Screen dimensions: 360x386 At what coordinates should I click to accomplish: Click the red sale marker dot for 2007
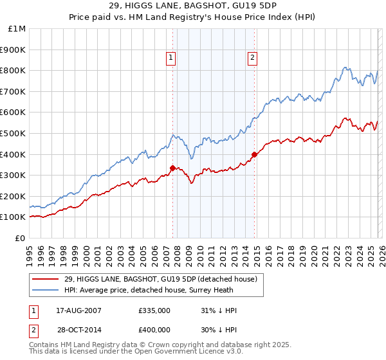[x=172, y=168]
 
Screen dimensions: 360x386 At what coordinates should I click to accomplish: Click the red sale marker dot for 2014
[x=255, y=154]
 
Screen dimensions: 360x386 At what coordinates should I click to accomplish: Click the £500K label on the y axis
[x=14, y=133]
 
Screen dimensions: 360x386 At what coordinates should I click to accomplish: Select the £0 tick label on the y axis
[x=20, y=238]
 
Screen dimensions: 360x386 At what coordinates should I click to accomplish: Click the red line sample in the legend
[x=46, y=279]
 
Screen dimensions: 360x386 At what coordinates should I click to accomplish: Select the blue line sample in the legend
[x=46, y=289]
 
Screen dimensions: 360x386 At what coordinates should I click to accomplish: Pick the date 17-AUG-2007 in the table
[x=79, y=310]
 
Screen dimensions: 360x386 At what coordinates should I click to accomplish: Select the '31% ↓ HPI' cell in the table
[x=219, y=310]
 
